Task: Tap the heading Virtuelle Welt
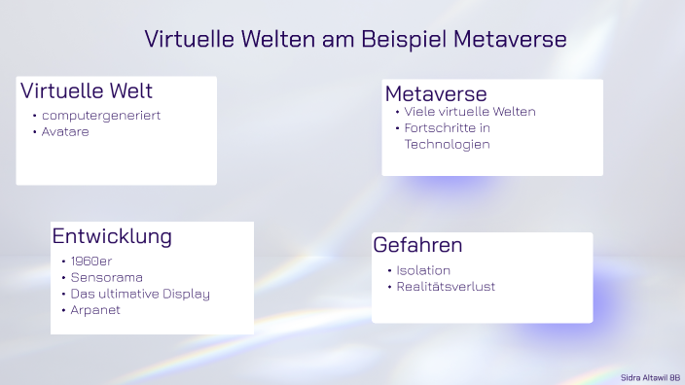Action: click(x=87, y=91)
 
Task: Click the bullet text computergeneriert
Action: click(x=101, y=116)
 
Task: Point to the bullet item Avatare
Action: click(x=65, y=131)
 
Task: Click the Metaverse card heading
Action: click(x=436, y=93)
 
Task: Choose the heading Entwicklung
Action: click(x=112, y=236)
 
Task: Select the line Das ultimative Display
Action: click(x=140, y=294)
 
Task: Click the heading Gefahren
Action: click(x=417, y=246)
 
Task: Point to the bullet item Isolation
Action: click(x=423, y=270)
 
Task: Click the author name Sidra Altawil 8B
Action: click(x=650, y=376)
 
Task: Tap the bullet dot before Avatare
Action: click(x=34, y=131)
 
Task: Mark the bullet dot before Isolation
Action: click(x=389, y=270)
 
